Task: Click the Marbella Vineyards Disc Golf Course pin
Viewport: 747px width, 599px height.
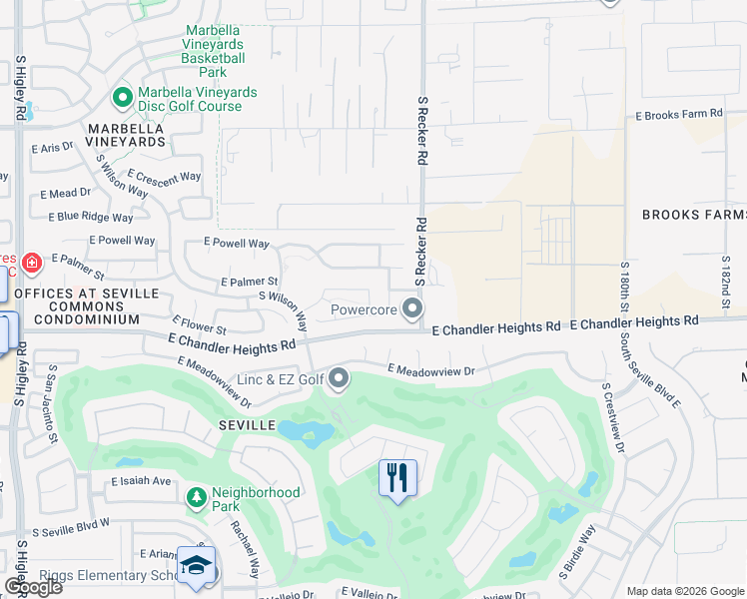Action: point(123,97)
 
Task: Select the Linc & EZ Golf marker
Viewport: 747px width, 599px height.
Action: point(339,378)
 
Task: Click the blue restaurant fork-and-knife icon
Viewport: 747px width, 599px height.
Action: point(396,478)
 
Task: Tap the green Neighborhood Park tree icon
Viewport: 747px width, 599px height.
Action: point(197,496)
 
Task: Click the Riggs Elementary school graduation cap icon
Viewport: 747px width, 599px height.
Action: point(197,565)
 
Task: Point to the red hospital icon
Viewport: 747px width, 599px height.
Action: point(33,264)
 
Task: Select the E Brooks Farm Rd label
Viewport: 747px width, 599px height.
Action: point(679,116)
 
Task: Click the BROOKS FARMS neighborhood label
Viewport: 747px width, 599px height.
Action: point(693,215)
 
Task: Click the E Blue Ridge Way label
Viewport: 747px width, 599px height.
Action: point(91,217)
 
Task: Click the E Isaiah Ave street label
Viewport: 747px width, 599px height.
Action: point(142,480)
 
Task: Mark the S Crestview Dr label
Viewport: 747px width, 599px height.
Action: point(613,417)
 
